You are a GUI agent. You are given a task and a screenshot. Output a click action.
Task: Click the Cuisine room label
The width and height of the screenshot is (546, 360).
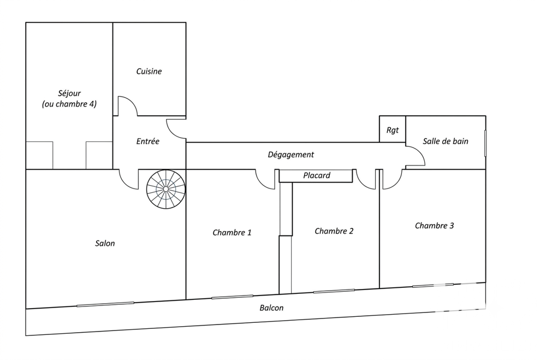[x=149, y=72]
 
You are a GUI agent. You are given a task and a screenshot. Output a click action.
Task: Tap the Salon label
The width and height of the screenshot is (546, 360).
[x=105, y=243]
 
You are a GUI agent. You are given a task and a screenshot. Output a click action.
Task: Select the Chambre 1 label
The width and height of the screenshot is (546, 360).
[x=232, y=233]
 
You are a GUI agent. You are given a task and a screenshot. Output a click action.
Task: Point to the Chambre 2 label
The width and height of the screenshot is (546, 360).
[x=334, y=231]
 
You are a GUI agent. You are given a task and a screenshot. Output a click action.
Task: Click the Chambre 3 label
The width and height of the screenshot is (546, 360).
[x=434, y=226]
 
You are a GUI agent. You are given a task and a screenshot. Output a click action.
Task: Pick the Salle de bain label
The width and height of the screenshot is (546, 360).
[x=446, y=141]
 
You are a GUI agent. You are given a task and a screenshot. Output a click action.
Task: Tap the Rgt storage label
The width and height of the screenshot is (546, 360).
[x=393, y=131]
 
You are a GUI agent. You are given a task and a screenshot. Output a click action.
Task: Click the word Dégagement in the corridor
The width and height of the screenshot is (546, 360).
[x=291, y=155]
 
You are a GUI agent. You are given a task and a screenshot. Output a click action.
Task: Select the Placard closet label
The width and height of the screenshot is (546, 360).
[x=317, y=175]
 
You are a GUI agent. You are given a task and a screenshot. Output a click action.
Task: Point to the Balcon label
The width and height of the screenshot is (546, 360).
[x=271, y=308]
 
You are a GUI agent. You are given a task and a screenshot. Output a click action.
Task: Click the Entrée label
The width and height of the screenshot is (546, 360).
[x=147, y=141]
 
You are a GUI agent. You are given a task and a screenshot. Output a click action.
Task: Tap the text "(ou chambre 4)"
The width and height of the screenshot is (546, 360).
[x=69, y=104]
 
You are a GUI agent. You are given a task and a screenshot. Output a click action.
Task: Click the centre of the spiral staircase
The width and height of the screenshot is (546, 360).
[x=166, y=189]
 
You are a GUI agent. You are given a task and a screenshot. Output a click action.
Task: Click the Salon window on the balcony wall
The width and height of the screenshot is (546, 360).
[x=105, y=304]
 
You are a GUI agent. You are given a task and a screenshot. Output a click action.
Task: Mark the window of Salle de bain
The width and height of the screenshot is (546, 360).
[x=485, y=144]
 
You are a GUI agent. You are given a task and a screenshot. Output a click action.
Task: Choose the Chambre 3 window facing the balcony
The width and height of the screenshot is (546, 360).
[x=433, y=285]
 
